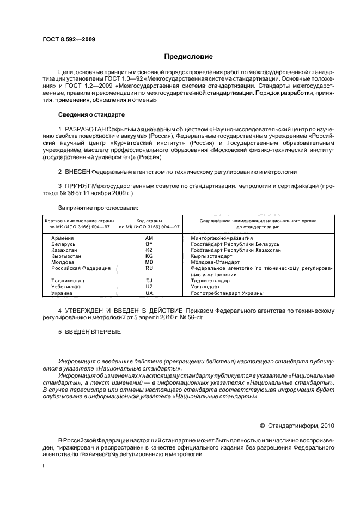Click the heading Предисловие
tap(188, 56)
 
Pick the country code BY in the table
tap(149, 244)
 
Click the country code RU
tap(149, 268)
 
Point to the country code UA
tap(149, 293)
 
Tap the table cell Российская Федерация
tap(81, 268)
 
